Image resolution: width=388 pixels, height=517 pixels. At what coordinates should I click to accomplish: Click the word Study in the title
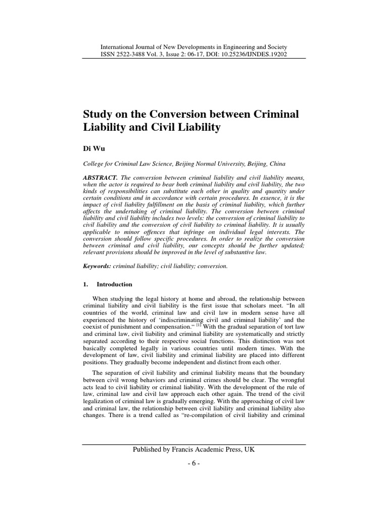[99, 115]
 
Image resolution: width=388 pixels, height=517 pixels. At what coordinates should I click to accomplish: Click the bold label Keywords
[96, 266]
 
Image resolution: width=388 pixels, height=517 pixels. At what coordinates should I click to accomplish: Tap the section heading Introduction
[115, 284]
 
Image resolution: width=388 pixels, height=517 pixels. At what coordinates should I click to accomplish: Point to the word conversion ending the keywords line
[213, 266]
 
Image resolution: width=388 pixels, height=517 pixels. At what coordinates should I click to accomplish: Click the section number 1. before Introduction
[85, 284]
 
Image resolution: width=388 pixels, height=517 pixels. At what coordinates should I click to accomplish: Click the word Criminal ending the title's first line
[277, 115]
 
